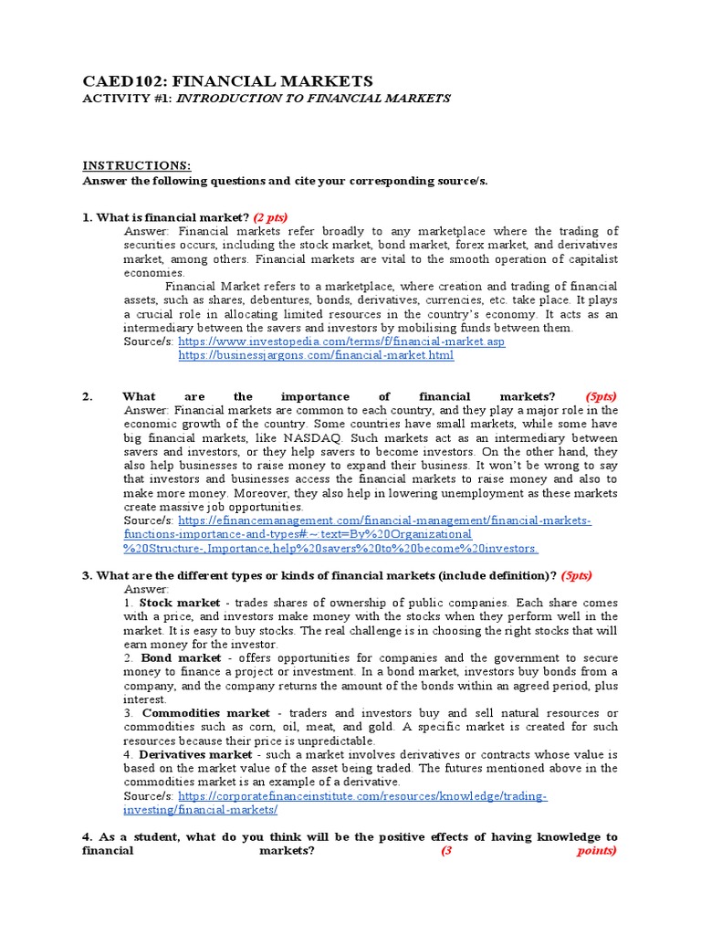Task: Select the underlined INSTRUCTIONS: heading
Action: tap(137, 165)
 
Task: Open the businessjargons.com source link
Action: tap(316, 355)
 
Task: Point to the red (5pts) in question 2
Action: tap(601, 396)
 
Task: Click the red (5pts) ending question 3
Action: tap(576, 575)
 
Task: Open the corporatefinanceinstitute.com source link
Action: tap(362, 796)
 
